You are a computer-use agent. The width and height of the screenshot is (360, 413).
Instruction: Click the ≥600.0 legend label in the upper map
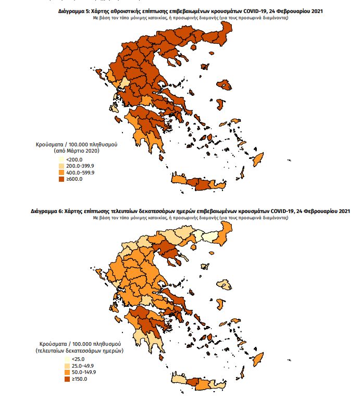[75, 179]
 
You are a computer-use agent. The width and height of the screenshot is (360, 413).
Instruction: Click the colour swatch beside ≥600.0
[61, 179]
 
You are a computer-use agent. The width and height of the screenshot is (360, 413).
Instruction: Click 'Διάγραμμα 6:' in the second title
[48, 212]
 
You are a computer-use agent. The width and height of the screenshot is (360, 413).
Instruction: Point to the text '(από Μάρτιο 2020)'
[76, 150]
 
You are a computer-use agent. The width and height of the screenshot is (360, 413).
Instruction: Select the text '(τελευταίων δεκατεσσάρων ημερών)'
[79, 351]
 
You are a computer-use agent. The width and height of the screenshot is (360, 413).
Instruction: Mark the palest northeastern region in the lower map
[209, 237]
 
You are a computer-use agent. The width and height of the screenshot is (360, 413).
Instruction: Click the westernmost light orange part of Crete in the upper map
[179, 181]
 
